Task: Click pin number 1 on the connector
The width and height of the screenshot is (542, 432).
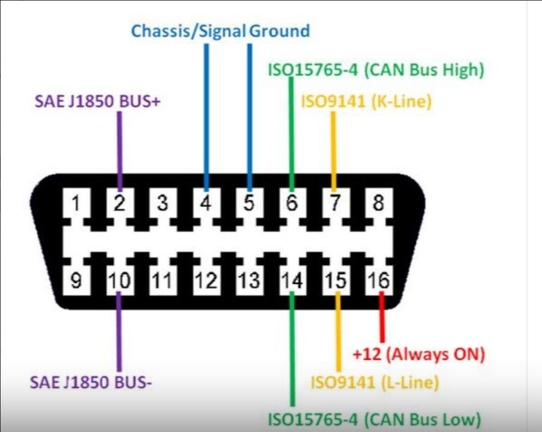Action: (76, 203)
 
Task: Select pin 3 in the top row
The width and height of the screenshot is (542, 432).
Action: (162, 203)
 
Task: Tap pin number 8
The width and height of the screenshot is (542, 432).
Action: (378, 203)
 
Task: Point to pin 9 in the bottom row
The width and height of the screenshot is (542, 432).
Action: (76, 280)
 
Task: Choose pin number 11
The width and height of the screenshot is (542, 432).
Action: (162, 280)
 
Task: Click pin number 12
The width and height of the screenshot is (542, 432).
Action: (206, 280)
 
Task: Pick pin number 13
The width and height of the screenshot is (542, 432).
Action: (250, 280)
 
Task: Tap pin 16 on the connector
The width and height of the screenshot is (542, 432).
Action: (379, 280)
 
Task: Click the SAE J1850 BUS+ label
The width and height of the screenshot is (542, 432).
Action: (98, 102)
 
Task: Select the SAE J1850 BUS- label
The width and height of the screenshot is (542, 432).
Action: (91, 382)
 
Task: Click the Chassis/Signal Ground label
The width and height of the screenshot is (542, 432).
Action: (221, 31)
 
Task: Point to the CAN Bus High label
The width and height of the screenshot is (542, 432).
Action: (376, 70)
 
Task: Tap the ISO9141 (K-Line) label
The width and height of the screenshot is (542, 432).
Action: (366, 102)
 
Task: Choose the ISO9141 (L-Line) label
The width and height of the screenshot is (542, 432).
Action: (375, 383)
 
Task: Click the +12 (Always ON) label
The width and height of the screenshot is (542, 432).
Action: (419, 354)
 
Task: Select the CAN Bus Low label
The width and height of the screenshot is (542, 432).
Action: (375, 420)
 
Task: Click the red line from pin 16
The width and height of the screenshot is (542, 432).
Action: (382, 317)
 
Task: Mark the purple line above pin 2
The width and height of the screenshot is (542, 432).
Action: (120, 152)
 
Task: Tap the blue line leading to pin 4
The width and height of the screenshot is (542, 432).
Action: (206, 117)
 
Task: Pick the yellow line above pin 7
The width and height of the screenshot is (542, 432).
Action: (334, 152)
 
